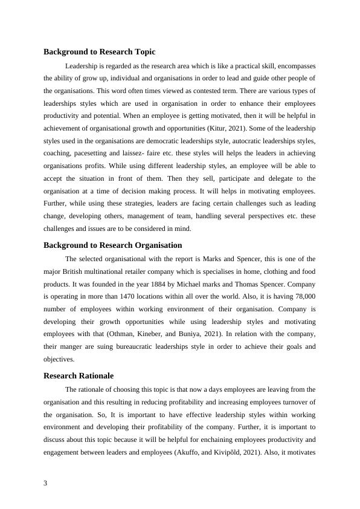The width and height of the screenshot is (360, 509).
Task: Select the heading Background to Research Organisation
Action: tap(113, 245)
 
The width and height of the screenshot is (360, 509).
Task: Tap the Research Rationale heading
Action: tap(79, 375)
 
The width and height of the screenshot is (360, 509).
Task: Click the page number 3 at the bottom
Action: tap(46, 482)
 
